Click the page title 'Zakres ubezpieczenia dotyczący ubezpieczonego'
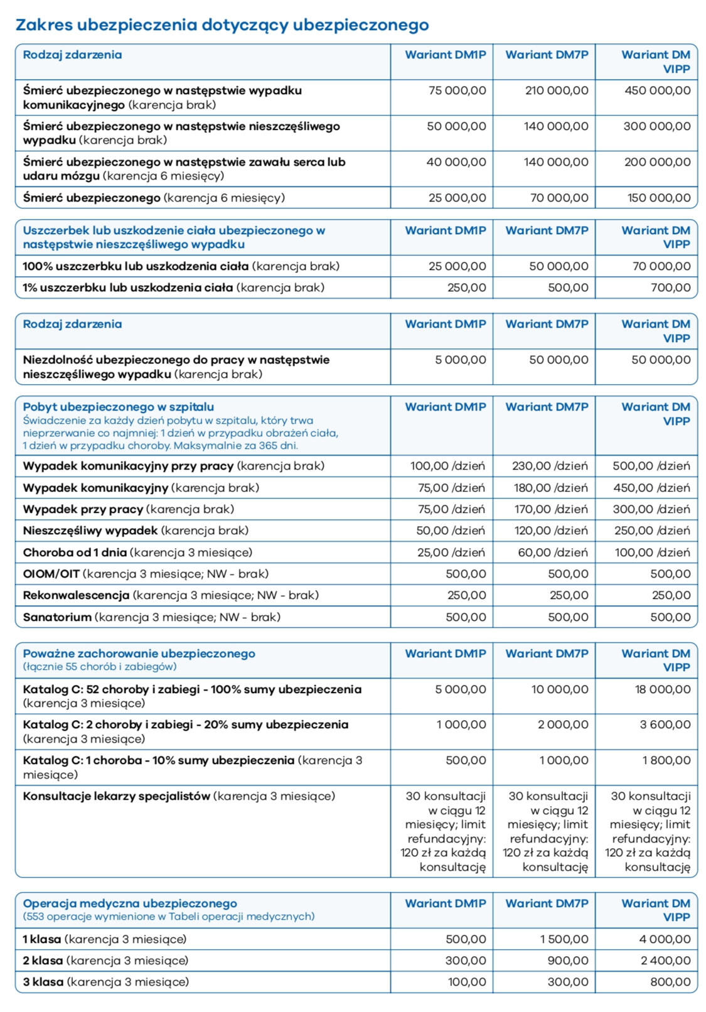[222, 25]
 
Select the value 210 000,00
[557, 90]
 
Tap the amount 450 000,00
[658, 90]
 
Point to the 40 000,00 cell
[456, 162]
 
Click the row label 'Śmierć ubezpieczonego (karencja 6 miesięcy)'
[154, 198]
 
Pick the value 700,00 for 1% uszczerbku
[671, 288]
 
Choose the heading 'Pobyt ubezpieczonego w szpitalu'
[119, 407]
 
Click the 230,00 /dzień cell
[550, 466]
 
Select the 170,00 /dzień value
[551, 509]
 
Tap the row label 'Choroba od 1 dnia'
[75, 552]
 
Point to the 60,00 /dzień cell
[553, 552]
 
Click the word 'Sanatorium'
[57, 617]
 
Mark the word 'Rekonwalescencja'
[76, 595]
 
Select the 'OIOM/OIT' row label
[51, 574]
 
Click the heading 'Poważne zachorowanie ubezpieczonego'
[139, 654]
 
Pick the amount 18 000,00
[663, 689]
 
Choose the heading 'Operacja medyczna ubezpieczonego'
[130, 903]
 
